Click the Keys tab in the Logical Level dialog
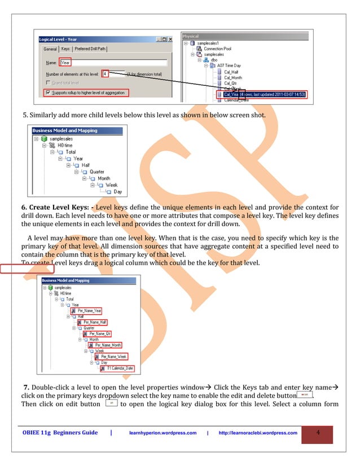[65, 49]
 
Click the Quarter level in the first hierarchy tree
[96, 172]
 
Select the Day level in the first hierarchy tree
[117, 192]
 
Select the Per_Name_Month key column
[108, 345]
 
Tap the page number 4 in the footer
[318, 433]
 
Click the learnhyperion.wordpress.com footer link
[163, 433]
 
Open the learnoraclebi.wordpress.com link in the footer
[257, 433]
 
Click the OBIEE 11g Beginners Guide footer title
[60, 433]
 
